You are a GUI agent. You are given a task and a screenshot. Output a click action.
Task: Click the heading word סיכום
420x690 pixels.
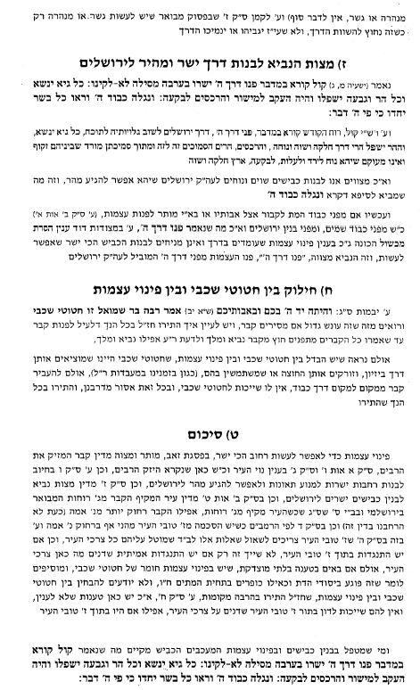pos(208,437)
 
